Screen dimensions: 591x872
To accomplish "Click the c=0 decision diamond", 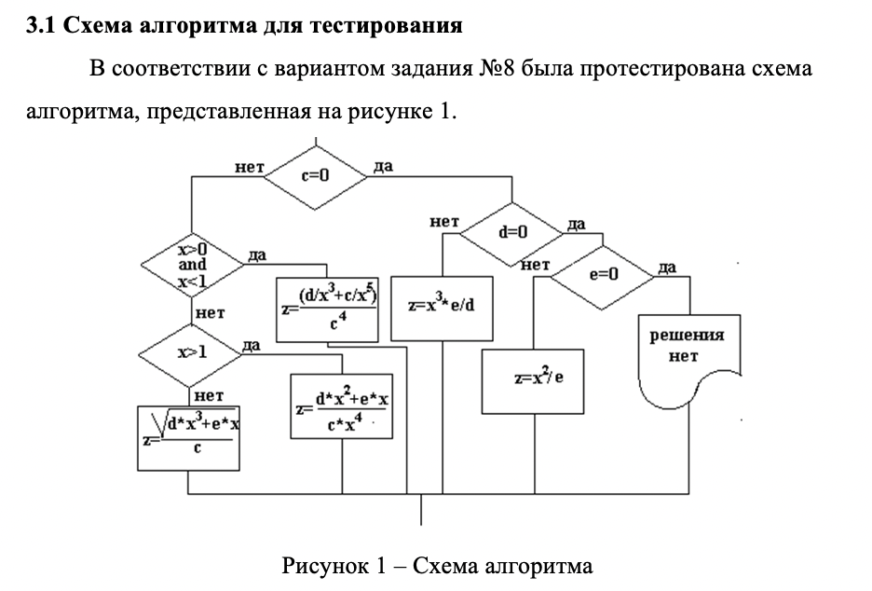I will tap(316, 175).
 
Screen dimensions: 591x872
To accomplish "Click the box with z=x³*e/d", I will tap(443, 307).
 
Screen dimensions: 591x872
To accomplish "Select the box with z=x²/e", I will tap(532, 380).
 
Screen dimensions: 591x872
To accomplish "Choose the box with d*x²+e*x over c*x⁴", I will tap(342, 407).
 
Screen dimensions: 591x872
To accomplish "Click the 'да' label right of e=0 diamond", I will tap(667, 268).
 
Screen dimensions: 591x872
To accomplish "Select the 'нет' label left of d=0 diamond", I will tap(444, 222).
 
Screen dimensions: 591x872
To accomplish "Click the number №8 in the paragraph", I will tap(497, 70).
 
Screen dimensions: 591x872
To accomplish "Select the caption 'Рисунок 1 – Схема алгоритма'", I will tap(436, 565).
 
